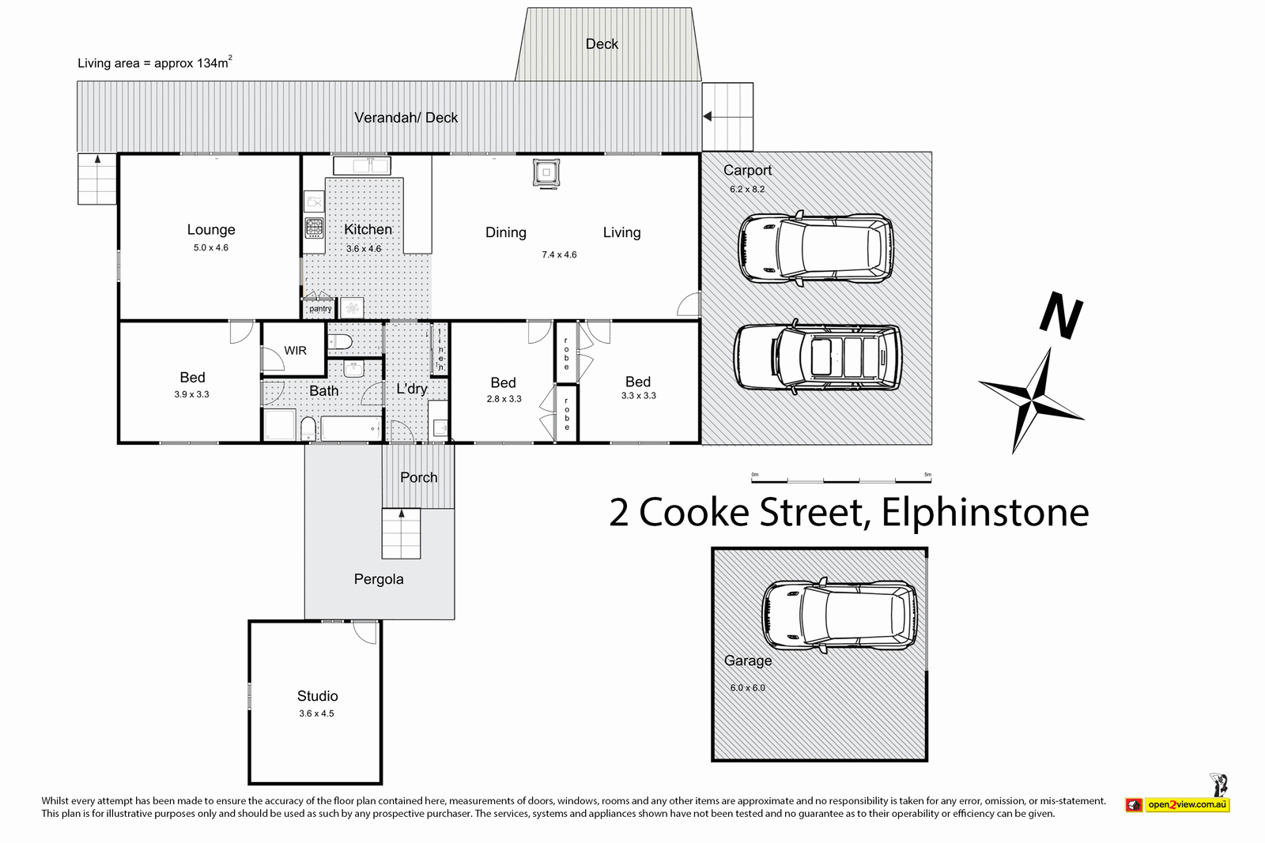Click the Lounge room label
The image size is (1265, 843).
211,230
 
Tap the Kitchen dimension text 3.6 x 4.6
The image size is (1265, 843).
364,249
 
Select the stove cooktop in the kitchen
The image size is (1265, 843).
314,229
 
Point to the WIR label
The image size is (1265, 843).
295,351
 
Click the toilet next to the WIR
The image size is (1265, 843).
340,341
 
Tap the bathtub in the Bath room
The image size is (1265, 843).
350,430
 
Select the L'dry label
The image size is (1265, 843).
411,389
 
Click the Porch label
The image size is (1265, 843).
418,477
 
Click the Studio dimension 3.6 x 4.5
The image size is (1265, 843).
316,713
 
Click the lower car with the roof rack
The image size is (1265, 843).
817,359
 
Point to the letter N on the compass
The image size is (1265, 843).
1060,315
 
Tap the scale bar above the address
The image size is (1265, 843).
841,479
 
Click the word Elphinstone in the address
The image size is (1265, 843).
984,512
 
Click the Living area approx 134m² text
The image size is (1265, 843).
155,63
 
